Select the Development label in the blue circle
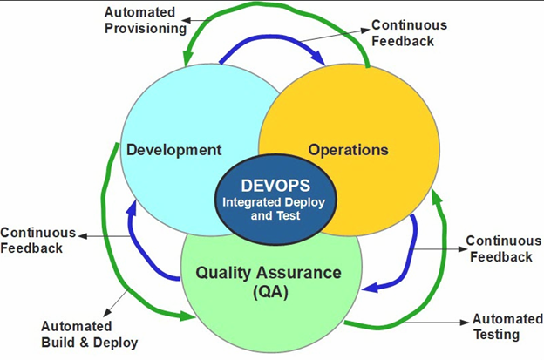click(x=173, y=149)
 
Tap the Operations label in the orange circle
click(x=349, y=149)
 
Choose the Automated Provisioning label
click(x=145, y=20)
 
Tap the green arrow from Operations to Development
click(x=279, y=10)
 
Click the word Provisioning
click(x=145, y=28)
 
